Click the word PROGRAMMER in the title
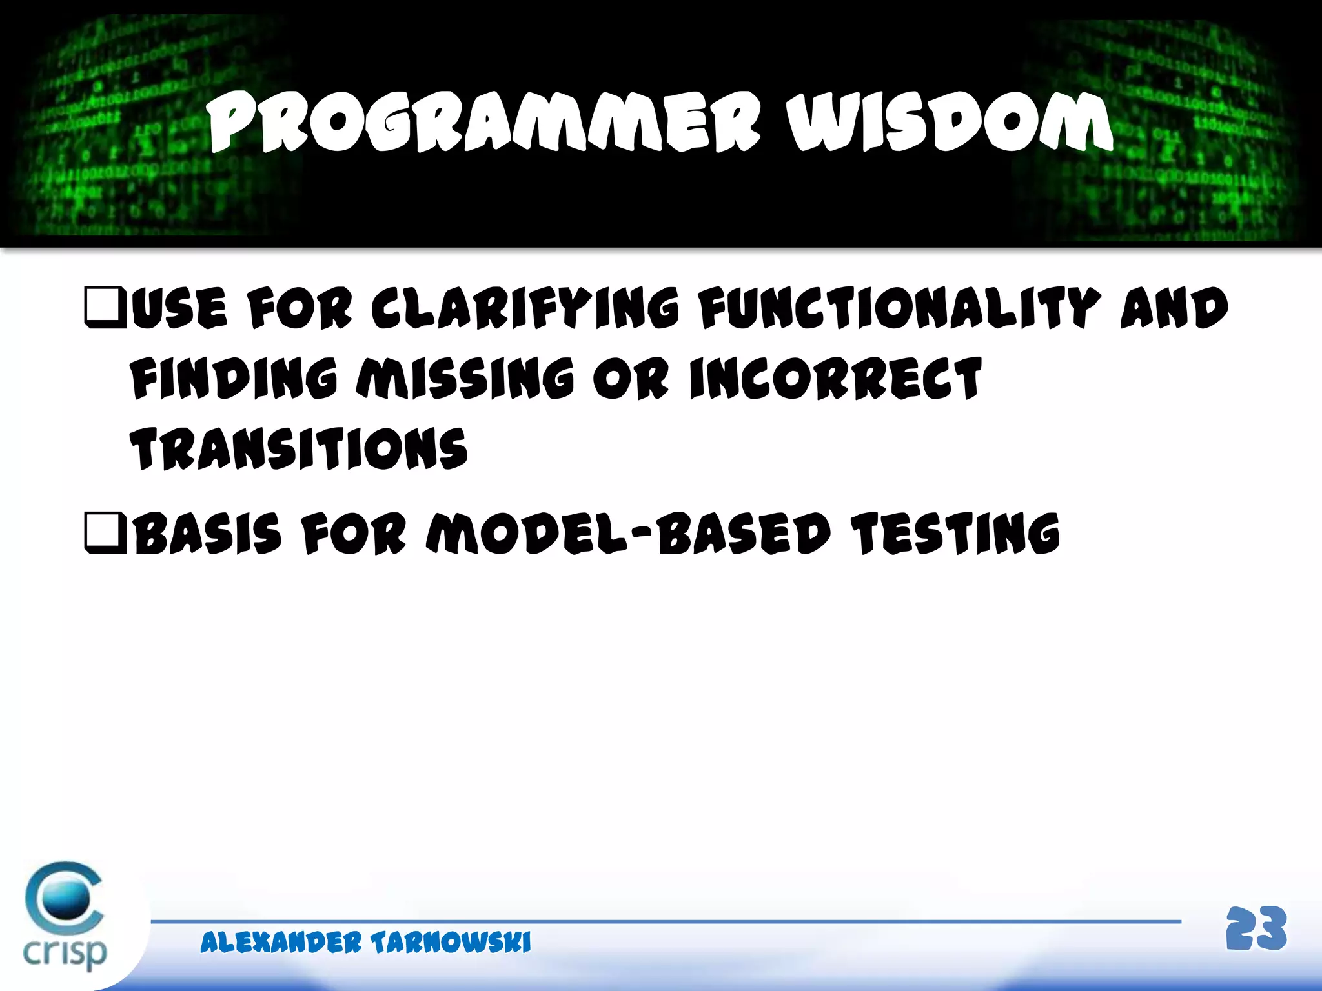coord(484,123)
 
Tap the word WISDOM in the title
coord(949,123)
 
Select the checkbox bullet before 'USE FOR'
coord(105,308)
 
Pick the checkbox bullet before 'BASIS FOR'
coord(105,534)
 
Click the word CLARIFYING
coord(525,308)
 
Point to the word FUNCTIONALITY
coord(899,308)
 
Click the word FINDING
coord(234,379)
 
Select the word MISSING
coord(465,379)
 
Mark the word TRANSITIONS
coord(299,448)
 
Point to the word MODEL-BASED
coord(627,534)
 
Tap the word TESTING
coord(955,534)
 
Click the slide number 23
coord(1256,929)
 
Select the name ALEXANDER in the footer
coord(281,943)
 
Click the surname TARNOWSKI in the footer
coord(451,943)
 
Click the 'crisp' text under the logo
coord(65,952)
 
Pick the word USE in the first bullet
coord(180,308)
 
